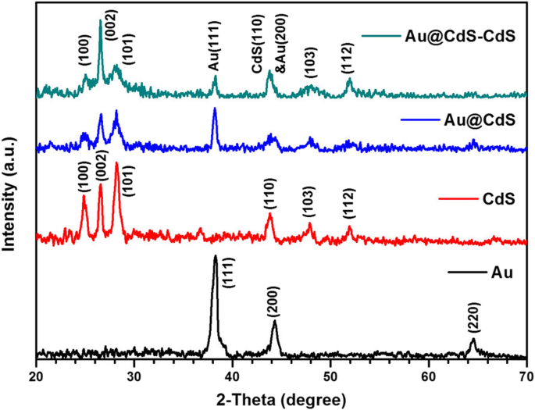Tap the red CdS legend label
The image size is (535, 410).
[499, 198]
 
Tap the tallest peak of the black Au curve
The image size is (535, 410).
[216, 256]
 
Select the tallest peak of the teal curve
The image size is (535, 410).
[100, 21]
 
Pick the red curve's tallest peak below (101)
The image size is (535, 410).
[116, 163]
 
